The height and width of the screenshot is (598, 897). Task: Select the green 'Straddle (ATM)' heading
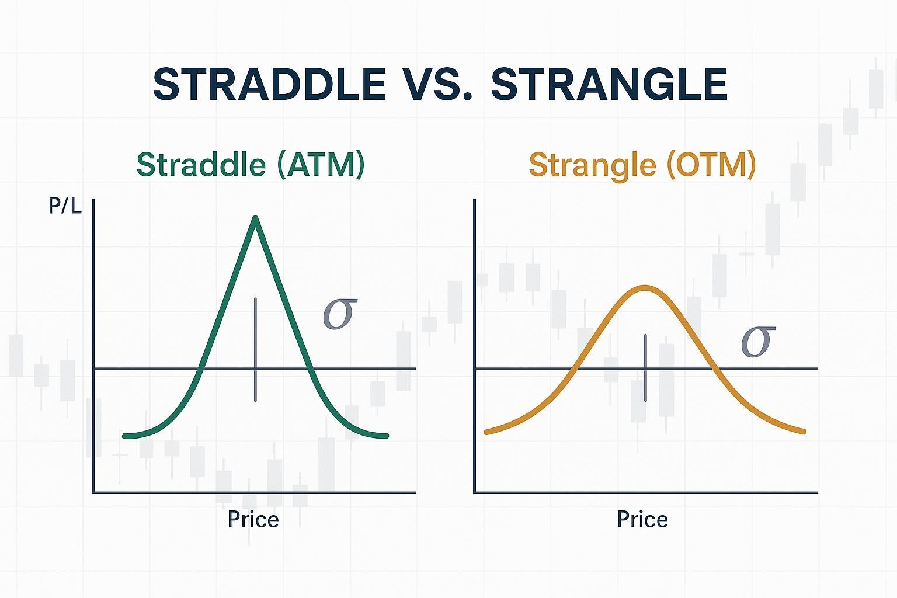click(251, 165)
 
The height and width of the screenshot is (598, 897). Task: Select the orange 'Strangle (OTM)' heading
click(642, 165)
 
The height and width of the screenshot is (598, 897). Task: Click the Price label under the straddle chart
click(253, 519)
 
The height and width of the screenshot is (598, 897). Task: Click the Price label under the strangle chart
click(642, 519)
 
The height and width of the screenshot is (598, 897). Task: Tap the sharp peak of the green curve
click(255, 219)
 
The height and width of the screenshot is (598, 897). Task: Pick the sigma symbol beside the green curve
click(339, 314)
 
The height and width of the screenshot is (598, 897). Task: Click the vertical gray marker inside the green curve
click(255, 349)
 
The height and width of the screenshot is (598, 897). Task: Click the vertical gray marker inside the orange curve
click(645, 368)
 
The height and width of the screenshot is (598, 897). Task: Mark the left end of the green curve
click(125, 436)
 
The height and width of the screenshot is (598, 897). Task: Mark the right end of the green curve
click(386, 436)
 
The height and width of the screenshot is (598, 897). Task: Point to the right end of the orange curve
click(804, 432)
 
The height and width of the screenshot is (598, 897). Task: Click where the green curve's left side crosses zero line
click(201, 369)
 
